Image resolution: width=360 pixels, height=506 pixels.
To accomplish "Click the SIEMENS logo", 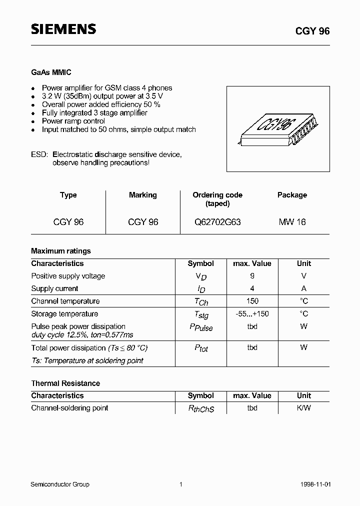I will (63, 29).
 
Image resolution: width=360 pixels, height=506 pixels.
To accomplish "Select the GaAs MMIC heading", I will (51, 72).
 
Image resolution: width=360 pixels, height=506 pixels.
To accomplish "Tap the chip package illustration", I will (278, 128).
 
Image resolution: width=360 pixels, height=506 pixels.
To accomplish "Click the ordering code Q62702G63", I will (217, 221).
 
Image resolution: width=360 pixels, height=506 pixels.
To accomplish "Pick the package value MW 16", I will (292, 221).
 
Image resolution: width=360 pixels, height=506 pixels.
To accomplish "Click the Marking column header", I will (142, 195).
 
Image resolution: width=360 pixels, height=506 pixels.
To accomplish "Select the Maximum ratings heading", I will (61, 251).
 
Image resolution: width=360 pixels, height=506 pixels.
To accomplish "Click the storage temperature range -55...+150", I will (252, 314).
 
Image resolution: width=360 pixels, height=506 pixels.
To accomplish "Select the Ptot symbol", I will (201, 348).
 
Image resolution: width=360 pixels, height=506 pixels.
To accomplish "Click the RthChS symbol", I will (201, 409).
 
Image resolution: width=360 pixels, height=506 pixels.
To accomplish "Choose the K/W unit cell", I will (303, 408).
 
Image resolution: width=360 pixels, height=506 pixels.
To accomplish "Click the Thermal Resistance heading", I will (65, 383).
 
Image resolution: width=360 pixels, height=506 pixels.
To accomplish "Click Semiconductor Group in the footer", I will (60, 484).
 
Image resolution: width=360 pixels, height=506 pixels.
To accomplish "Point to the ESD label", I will (39, 154).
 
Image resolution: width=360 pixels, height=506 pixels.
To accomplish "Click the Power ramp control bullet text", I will (73, 121).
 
